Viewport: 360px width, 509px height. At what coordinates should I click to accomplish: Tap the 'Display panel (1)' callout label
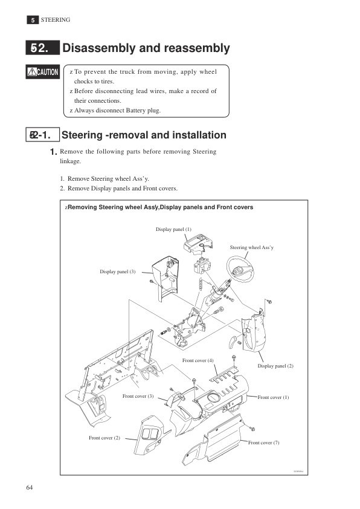tap(173, 230)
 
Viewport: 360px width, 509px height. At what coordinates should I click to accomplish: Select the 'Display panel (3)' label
tap(117, 271)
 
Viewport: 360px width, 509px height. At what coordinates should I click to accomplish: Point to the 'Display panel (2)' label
tap(275, 366)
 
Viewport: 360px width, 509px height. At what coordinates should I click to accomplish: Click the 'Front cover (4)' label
tap(198, 360)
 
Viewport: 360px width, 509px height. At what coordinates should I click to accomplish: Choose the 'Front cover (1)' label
tap(273, 397)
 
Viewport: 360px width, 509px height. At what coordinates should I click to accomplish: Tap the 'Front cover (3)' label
tap(138, 396)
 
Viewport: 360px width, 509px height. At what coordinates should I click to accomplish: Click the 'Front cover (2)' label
tap(104, 438)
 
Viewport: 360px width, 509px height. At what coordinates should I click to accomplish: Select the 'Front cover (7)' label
tap(264, 443)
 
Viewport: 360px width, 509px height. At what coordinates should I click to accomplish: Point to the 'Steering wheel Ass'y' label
tap(252, 247)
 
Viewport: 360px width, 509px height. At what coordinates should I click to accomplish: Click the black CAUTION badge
tap(43, 72)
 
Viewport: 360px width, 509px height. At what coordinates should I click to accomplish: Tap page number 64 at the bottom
tap(30, 488)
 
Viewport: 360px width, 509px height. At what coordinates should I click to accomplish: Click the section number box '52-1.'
tap(43, 135)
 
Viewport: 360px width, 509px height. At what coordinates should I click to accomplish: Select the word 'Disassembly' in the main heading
tap(99, 48)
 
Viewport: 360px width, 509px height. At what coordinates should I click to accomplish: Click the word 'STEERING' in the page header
tap(56, 20)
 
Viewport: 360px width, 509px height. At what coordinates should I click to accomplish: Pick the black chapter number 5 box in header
tap(33, 20)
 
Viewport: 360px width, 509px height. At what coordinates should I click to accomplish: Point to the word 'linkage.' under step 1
tap(71, 161)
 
